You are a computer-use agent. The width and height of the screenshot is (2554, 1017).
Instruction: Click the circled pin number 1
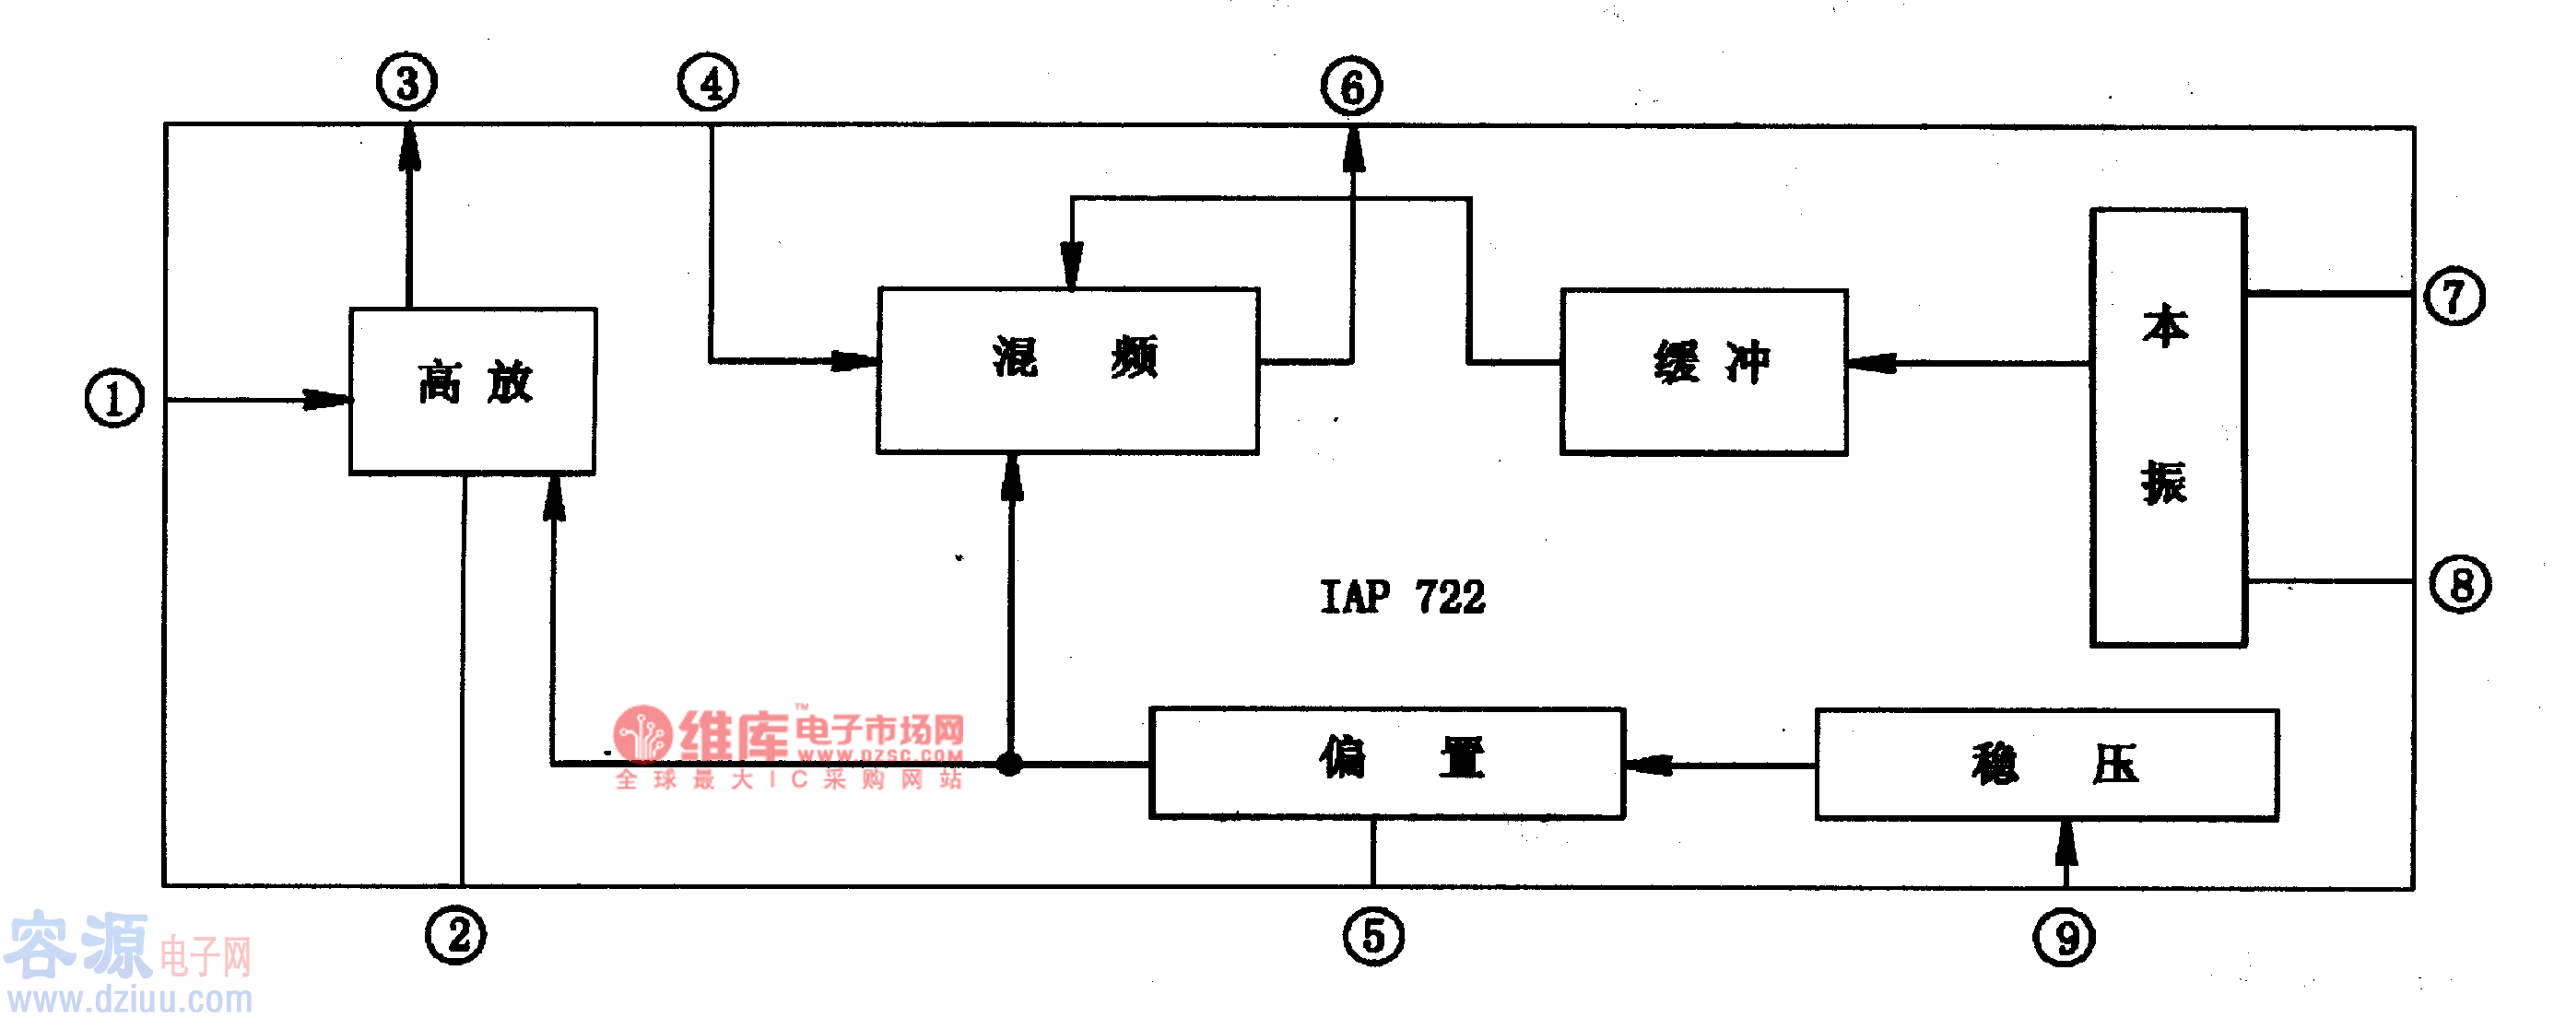coord(114,399)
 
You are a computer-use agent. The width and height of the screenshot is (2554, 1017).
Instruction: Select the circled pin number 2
coord(456,936)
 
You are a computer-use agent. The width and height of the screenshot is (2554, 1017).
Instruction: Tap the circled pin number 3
coord(406,82)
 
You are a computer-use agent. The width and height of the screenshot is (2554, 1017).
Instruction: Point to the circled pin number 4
coord(708,82)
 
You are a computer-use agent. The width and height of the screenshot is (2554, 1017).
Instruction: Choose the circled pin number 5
coord(1373,937)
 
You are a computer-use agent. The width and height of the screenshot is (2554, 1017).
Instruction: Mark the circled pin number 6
coord(1351,87)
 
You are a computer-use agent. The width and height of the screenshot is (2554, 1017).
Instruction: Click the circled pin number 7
coord(2454,297)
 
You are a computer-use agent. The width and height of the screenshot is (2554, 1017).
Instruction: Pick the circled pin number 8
coord(2460,584)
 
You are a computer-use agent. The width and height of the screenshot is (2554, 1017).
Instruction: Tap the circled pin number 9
coord(2065,938)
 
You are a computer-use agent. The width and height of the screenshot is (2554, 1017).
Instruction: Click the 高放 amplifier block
coord(473,391)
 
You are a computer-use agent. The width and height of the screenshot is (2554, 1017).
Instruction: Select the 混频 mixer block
coord(1068,370)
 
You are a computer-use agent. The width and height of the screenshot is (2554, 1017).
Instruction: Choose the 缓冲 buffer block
coord(1703,372)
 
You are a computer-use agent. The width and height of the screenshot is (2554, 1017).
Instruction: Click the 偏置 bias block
coord(1386,762)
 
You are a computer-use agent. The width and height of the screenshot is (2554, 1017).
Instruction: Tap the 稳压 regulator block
coord(2046,765)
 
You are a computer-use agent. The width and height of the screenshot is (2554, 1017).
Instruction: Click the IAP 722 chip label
coord(1402,597)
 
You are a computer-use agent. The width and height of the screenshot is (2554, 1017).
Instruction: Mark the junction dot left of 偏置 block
coord(1009,765)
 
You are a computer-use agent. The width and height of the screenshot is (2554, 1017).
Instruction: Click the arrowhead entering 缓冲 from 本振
coord(1870,364)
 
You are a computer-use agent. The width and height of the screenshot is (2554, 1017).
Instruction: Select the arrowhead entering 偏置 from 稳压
coord(1648,765)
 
